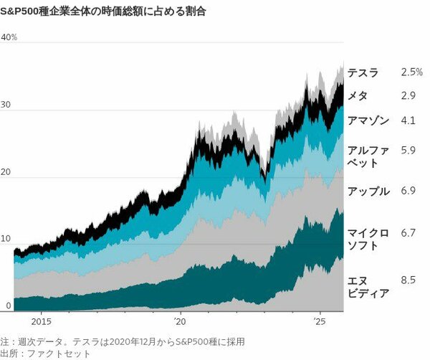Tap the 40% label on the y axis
point(9,37)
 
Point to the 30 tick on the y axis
point(6,105)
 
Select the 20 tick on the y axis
point(6,172)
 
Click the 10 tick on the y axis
point(6,239)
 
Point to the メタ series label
point(358,95)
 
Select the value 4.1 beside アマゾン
point(408,120)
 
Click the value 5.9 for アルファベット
point(408,151)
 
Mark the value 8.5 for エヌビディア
point(408,280)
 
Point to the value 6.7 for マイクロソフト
point(408,233)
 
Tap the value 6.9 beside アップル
point(408,191)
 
